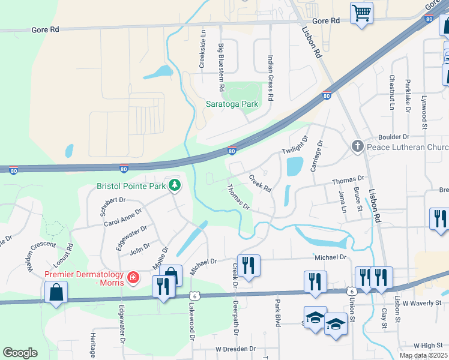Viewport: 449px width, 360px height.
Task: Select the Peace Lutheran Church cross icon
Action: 357,146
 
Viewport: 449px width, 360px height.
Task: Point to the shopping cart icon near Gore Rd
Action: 361,12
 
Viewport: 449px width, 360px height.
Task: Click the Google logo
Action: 20,353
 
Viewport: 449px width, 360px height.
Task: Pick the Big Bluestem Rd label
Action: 221,62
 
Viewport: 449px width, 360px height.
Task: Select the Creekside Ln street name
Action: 203,49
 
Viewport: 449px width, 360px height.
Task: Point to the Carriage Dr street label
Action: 316,155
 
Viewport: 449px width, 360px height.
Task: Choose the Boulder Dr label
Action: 410,137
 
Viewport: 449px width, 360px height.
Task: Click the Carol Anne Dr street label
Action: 122,217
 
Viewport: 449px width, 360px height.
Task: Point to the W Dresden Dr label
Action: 236,349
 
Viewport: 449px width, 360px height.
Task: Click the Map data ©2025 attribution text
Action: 423,355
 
